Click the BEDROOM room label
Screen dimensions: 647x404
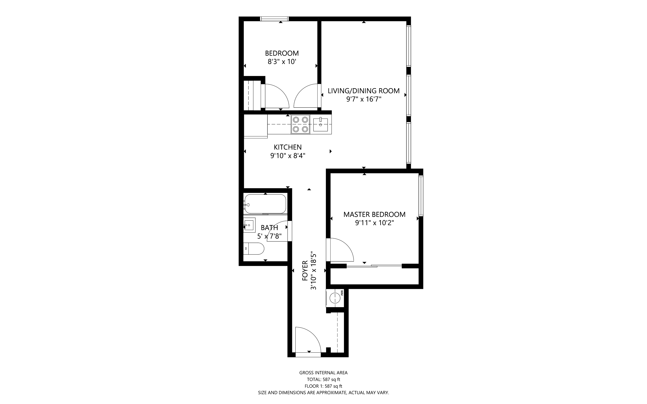click(282, 53)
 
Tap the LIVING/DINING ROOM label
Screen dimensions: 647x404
click(364, 91)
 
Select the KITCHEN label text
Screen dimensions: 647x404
click(288, 147)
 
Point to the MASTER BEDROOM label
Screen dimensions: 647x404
click(374, 215)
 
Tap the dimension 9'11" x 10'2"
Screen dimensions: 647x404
click(374, 223)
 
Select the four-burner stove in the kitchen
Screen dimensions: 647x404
click(300, 125)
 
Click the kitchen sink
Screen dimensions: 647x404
click(320, 125)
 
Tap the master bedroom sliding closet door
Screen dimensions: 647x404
click(374, 266)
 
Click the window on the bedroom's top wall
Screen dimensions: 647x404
click(275, 19)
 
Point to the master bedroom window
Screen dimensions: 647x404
click(421, 196)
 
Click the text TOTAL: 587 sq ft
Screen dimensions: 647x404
click(323, 379)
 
